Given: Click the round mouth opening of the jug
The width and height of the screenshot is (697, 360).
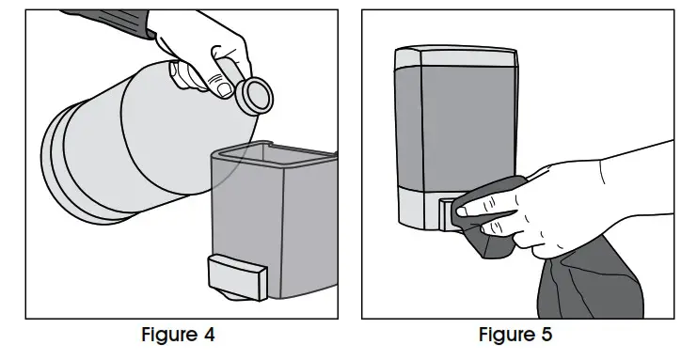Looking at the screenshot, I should tap(254, 94).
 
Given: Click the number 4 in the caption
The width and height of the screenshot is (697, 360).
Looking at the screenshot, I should tap(213, 337).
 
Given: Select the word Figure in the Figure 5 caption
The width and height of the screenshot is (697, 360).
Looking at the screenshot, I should tap(506, 337).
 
